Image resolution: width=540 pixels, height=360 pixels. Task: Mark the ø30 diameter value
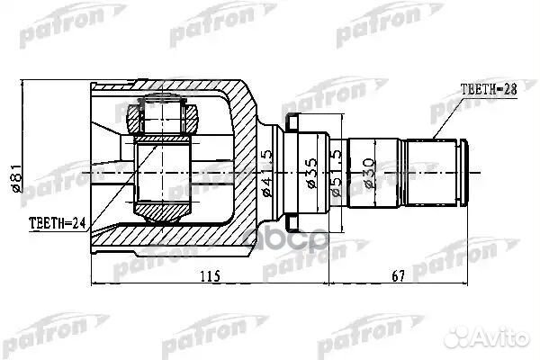click(x=368, y=171)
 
